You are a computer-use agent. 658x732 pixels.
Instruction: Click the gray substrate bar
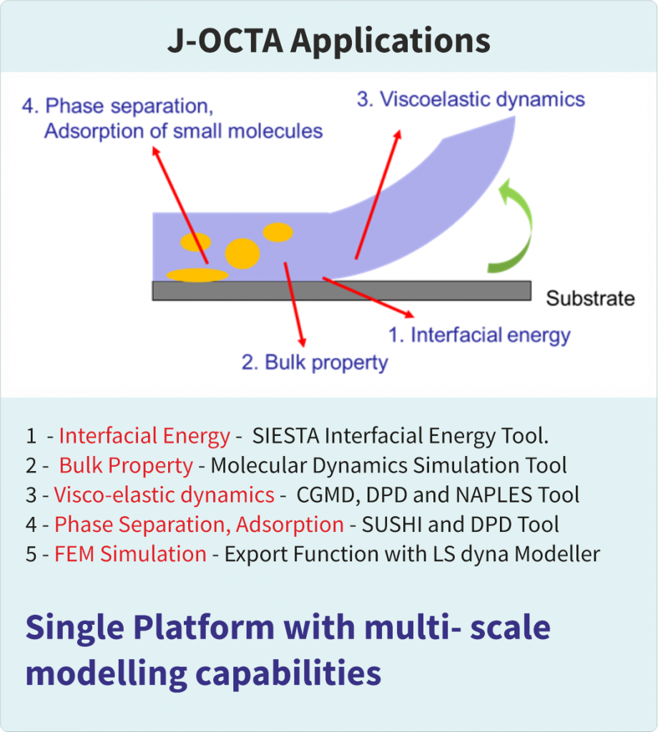pos(341,290)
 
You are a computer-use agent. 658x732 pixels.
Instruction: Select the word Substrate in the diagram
pos(590,298)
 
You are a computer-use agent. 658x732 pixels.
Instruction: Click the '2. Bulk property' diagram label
pos(315,362)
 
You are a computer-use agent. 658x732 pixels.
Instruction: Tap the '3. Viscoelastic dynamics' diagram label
pos(471,99)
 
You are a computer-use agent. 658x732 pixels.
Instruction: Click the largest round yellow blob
pos(242,252)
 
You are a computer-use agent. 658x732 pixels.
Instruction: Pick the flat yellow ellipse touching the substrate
pos(197,274)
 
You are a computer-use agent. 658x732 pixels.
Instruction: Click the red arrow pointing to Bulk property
pos(295,303)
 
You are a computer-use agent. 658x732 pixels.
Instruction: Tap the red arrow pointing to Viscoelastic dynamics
pos(376,193)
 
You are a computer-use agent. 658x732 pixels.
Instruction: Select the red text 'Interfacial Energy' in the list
pos(144,436)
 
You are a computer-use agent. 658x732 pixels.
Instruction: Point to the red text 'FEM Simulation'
pos(130,554)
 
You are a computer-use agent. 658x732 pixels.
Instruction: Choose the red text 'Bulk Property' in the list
pos(126,466)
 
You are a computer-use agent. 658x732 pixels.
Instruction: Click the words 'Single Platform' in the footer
pos(149,628)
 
